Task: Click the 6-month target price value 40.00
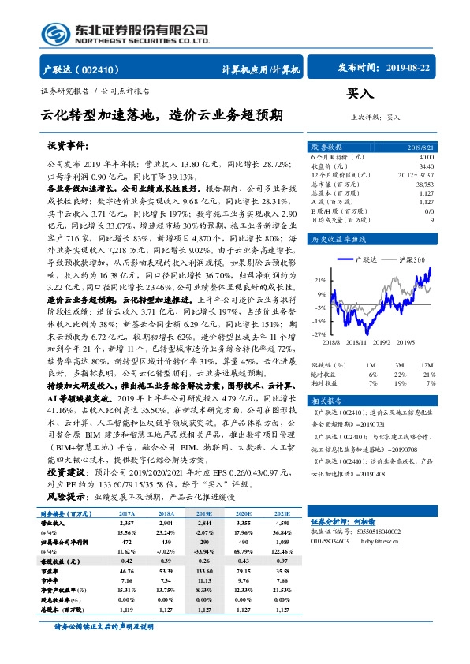(x=426, y=158)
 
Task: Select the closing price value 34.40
(x=426, y=166)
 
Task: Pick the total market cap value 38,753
(x=424, y=184)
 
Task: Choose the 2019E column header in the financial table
(x=203, y=513)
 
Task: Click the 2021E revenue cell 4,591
(x=281, y=523)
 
